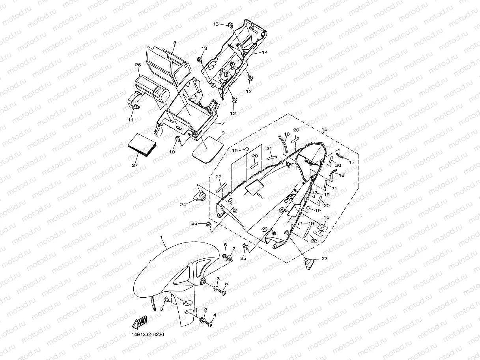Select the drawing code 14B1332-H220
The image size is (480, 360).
tap(148, 335)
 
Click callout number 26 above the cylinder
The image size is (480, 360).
tap(138, 65)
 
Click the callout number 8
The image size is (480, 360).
tap(174, 42)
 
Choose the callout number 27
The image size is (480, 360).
tap(134, 165)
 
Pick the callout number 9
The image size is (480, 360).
tap(223, 133)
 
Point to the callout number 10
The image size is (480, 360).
tap(172, 152)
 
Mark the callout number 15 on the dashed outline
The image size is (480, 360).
tap(325, 129)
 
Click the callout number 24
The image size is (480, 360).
tap(183, 204)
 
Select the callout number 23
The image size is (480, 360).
tap(324, 259)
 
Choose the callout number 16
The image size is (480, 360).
tap(326, 217)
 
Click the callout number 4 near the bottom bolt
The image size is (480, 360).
tap(215, 315)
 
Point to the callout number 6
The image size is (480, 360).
tap(225, 245)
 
